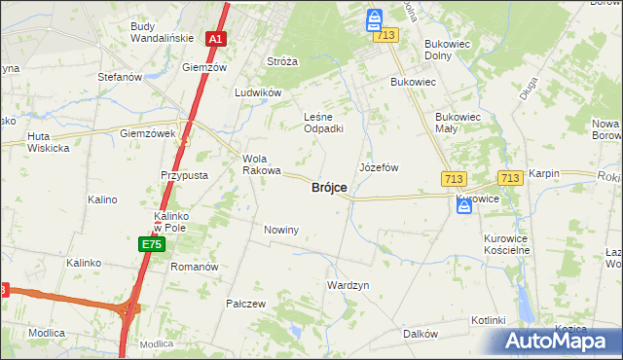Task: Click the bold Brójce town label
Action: coord(329,188)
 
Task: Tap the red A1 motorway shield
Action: coord(216,40)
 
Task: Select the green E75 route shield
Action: coord(150,244)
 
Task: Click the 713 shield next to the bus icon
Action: coord(386,35)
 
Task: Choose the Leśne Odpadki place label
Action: coord(323,122)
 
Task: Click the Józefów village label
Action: coord(379,167)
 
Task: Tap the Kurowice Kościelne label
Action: coord(506,243)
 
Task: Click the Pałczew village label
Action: coord(245,304)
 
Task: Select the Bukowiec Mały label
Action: coord(458,122)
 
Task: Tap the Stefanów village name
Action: coord(120,76)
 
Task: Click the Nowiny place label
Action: coord(281,230)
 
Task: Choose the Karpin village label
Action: coord(544,173)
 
